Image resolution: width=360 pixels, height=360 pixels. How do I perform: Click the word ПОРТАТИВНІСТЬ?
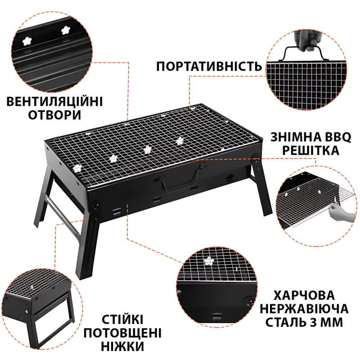pyautogui.click(x=209, y=67)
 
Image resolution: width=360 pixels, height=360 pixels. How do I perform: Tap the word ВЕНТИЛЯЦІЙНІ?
pyautogui.click(x=54, y=102)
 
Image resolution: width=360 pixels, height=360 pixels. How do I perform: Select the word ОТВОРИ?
pyautogui.click(x=54, y=115)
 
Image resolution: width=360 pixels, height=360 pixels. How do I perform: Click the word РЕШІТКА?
pyautogui.click(x=310, y=150)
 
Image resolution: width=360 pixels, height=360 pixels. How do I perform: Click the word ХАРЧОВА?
pyautogui.click(x=304, y=296)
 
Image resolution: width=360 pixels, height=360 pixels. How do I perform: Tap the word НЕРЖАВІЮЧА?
pyautogui.click(x=304, y=309)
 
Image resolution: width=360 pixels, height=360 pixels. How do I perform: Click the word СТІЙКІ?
pyautogui.click(x=122, y=319)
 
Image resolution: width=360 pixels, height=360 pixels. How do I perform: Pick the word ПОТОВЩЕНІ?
pyautogui.click(x=122, y=333)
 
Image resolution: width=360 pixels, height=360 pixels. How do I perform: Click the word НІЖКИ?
pyautogui.click(x=122, y=346)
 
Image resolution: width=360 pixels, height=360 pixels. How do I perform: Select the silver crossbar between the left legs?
pyautogui.click(x=62, y=215)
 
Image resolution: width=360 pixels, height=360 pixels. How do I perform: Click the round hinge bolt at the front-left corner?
pyautogui.click(x=95, y=204)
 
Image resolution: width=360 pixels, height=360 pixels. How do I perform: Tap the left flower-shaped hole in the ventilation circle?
pyautogui.click(x=27, y=41)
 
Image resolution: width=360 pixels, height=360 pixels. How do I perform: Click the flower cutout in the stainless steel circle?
pyautogui.click(x=209, y=261)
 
